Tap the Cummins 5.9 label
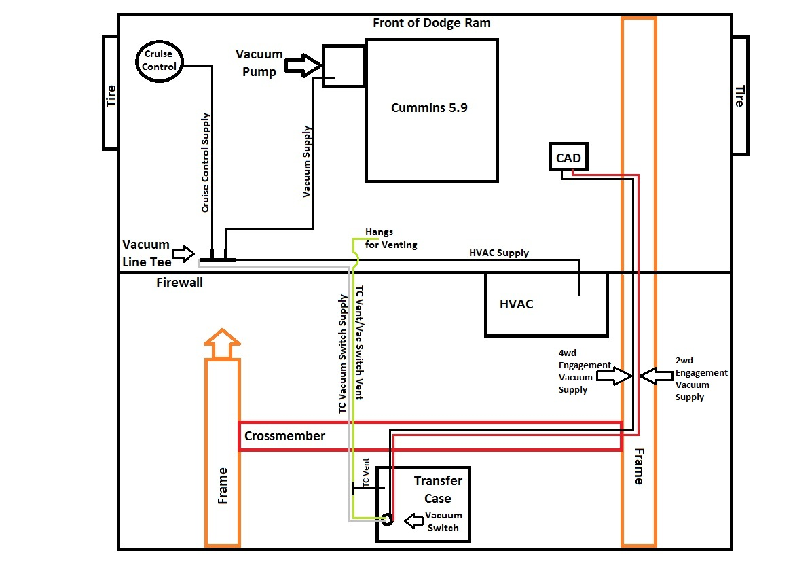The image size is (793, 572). tap(429, 108)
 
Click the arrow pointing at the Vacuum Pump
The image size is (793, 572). tap(303, 65)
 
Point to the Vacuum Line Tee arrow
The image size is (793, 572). tap(183, 253)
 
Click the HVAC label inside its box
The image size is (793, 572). tap(517, 304)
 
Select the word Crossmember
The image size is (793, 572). tap(284, 436)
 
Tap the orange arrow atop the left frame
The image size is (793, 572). tap(222, 344)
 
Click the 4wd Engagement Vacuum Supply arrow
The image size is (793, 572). tap(614, 376)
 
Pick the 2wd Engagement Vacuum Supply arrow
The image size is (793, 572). tap(657, 376)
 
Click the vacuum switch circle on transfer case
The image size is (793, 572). tap(387, 520)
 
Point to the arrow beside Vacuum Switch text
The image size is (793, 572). tap(414, 520)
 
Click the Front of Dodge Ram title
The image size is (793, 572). tap(431, 23)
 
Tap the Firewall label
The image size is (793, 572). tap(179, 283)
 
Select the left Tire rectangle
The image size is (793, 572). tap(110, 92)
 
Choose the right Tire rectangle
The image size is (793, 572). tap(740, 96)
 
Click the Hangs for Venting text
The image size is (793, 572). tap(391, 238)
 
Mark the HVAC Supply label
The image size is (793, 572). tap(498, 253)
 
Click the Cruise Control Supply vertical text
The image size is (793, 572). tap(205, 162)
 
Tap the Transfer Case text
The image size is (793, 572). tap(438, 490)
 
